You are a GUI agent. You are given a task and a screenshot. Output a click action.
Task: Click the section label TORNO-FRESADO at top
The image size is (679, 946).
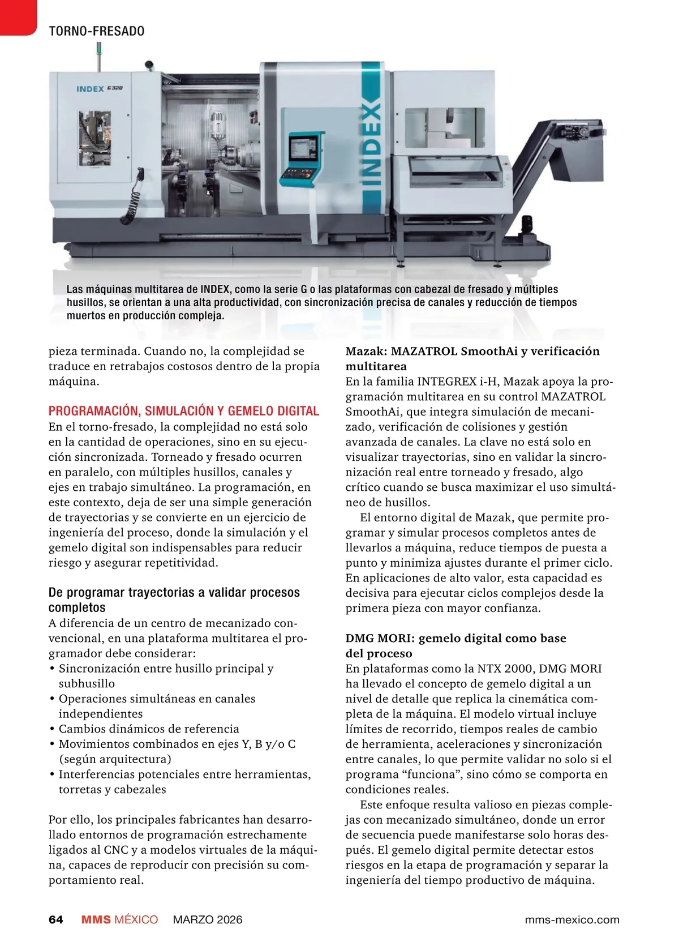point(97,31)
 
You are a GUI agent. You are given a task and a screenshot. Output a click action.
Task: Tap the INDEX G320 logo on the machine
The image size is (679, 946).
point(100,89)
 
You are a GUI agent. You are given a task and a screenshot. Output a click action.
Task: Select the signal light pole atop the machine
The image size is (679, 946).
point(98,56)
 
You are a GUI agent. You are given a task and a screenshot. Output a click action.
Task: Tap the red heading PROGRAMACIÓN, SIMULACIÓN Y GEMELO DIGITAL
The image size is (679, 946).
point(184,411)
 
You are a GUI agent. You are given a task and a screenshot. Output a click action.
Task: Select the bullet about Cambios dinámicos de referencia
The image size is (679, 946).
point(149,729)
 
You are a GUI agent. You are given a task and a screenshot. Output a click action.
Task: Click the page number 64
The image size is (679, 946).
point(56,919)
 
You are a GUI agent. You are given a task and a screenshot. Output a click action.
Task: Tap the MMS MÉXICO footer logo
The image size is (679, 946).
point(119,919)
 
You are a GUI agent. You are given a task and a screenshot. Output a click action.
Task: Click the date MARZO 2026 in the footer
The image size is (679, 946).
point(207,919)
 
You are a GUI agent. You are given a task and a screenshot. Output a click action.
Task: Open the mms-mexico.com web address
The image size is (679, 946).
point(571,919)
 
